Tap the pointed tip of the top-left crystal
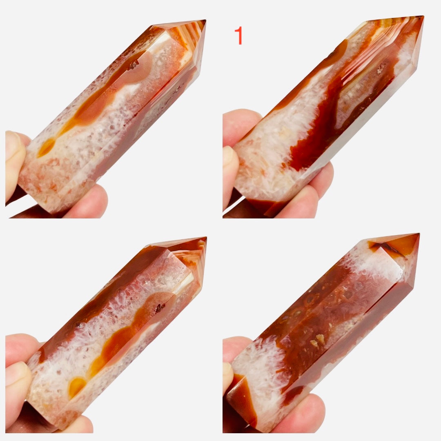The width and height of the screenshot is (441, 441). (x=205, y=20)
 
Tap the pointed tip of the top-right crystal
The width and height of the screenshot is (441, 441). (x=423, y=16)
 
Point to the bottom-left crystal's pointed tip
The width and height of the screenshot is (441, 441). (x=206, y=238)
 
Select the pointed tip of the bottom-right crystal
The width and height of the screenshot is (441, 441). (x=419, y=234)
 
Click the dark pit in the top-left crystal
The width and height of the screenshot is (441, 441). (x=133, y=65)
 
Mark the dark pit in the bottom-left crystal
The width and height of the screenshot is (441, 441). (x=160, y=308)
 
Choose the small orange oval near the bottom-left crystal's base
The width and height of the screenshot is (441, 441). (x=76, y=386)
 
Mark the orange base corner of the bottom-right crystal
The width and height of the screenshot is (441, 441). (x=241, y=399)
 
